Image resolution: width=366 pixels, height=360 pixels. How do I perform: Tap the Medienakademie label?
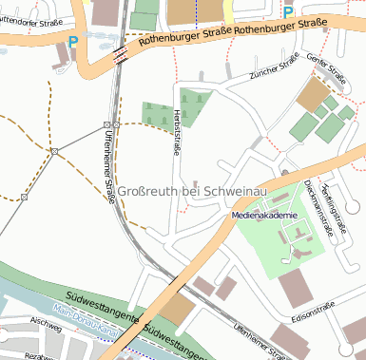coord(265,216)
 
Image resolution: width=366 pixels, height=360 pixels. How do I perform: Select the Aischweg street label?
coord(46,323)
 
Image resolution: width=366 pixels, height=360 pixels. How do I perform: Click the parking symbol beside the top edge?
coord(288,12)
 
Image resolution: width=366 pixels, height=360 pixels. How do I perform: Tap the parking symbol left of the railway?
coord(73,42)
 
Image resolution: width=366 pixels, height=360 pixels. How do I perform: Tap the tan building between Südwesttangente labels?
coord(176,309)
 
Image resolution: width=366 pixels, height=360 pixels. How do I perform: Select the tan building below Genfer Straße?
coord(311,94)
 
